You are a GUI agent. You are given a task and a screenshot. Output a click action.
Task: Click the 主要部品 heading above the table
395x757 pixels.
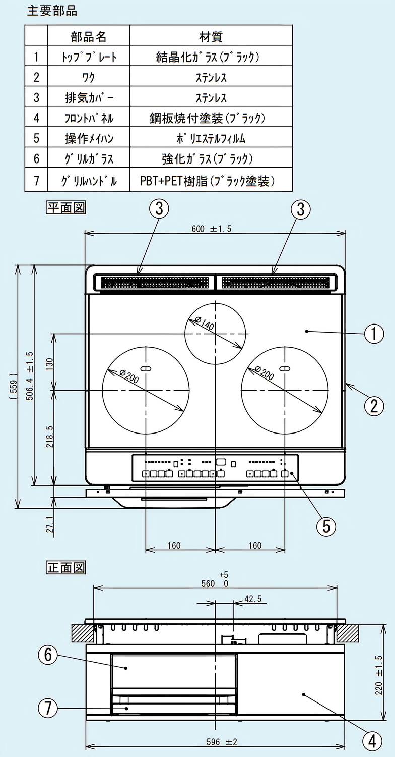[x=52, y=11]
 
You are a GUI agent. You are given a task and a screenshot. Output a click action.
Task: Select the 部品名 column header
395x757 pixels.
[x=88, y=37]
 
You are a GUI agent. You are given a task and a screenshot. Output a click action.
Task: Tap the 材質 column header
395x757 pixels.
[x=211, y=37]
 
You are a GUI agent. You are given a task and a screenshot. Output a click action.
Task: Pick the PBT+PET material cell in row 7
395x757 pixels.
[x=207, y=181]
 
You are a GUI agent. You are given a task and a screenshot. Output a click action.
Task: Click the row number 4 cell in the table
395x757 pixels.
[x=36, y=118]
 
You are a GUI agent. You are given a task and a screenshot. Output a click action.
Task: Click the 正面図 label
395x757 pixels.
[x=66, y=567]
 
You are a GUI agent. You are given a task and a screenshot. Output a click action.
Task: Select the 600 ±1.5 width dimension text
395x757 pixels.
[x=212, y=229]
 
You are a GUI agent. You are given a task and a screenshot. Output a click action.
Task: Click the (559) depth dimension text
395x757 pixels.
[x=13, y=386]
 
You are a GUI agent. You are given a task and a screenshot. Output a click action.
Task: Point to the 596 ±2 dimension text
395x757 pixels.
[x=222, y=742]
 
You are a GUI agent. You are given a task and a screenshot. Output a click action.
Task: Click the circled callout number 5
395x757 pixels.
[x=326, y=526]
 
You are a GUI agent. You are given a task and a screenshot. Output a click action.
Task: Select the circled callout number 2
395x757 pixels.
[x=374, y=406]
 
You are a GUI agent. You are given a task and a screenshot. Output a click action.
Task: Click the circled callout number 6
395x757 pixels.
[x=48, y=655]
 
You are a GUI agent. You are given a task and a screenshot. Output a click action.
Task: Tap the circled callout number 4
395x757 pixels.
[x=372, y=741]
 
